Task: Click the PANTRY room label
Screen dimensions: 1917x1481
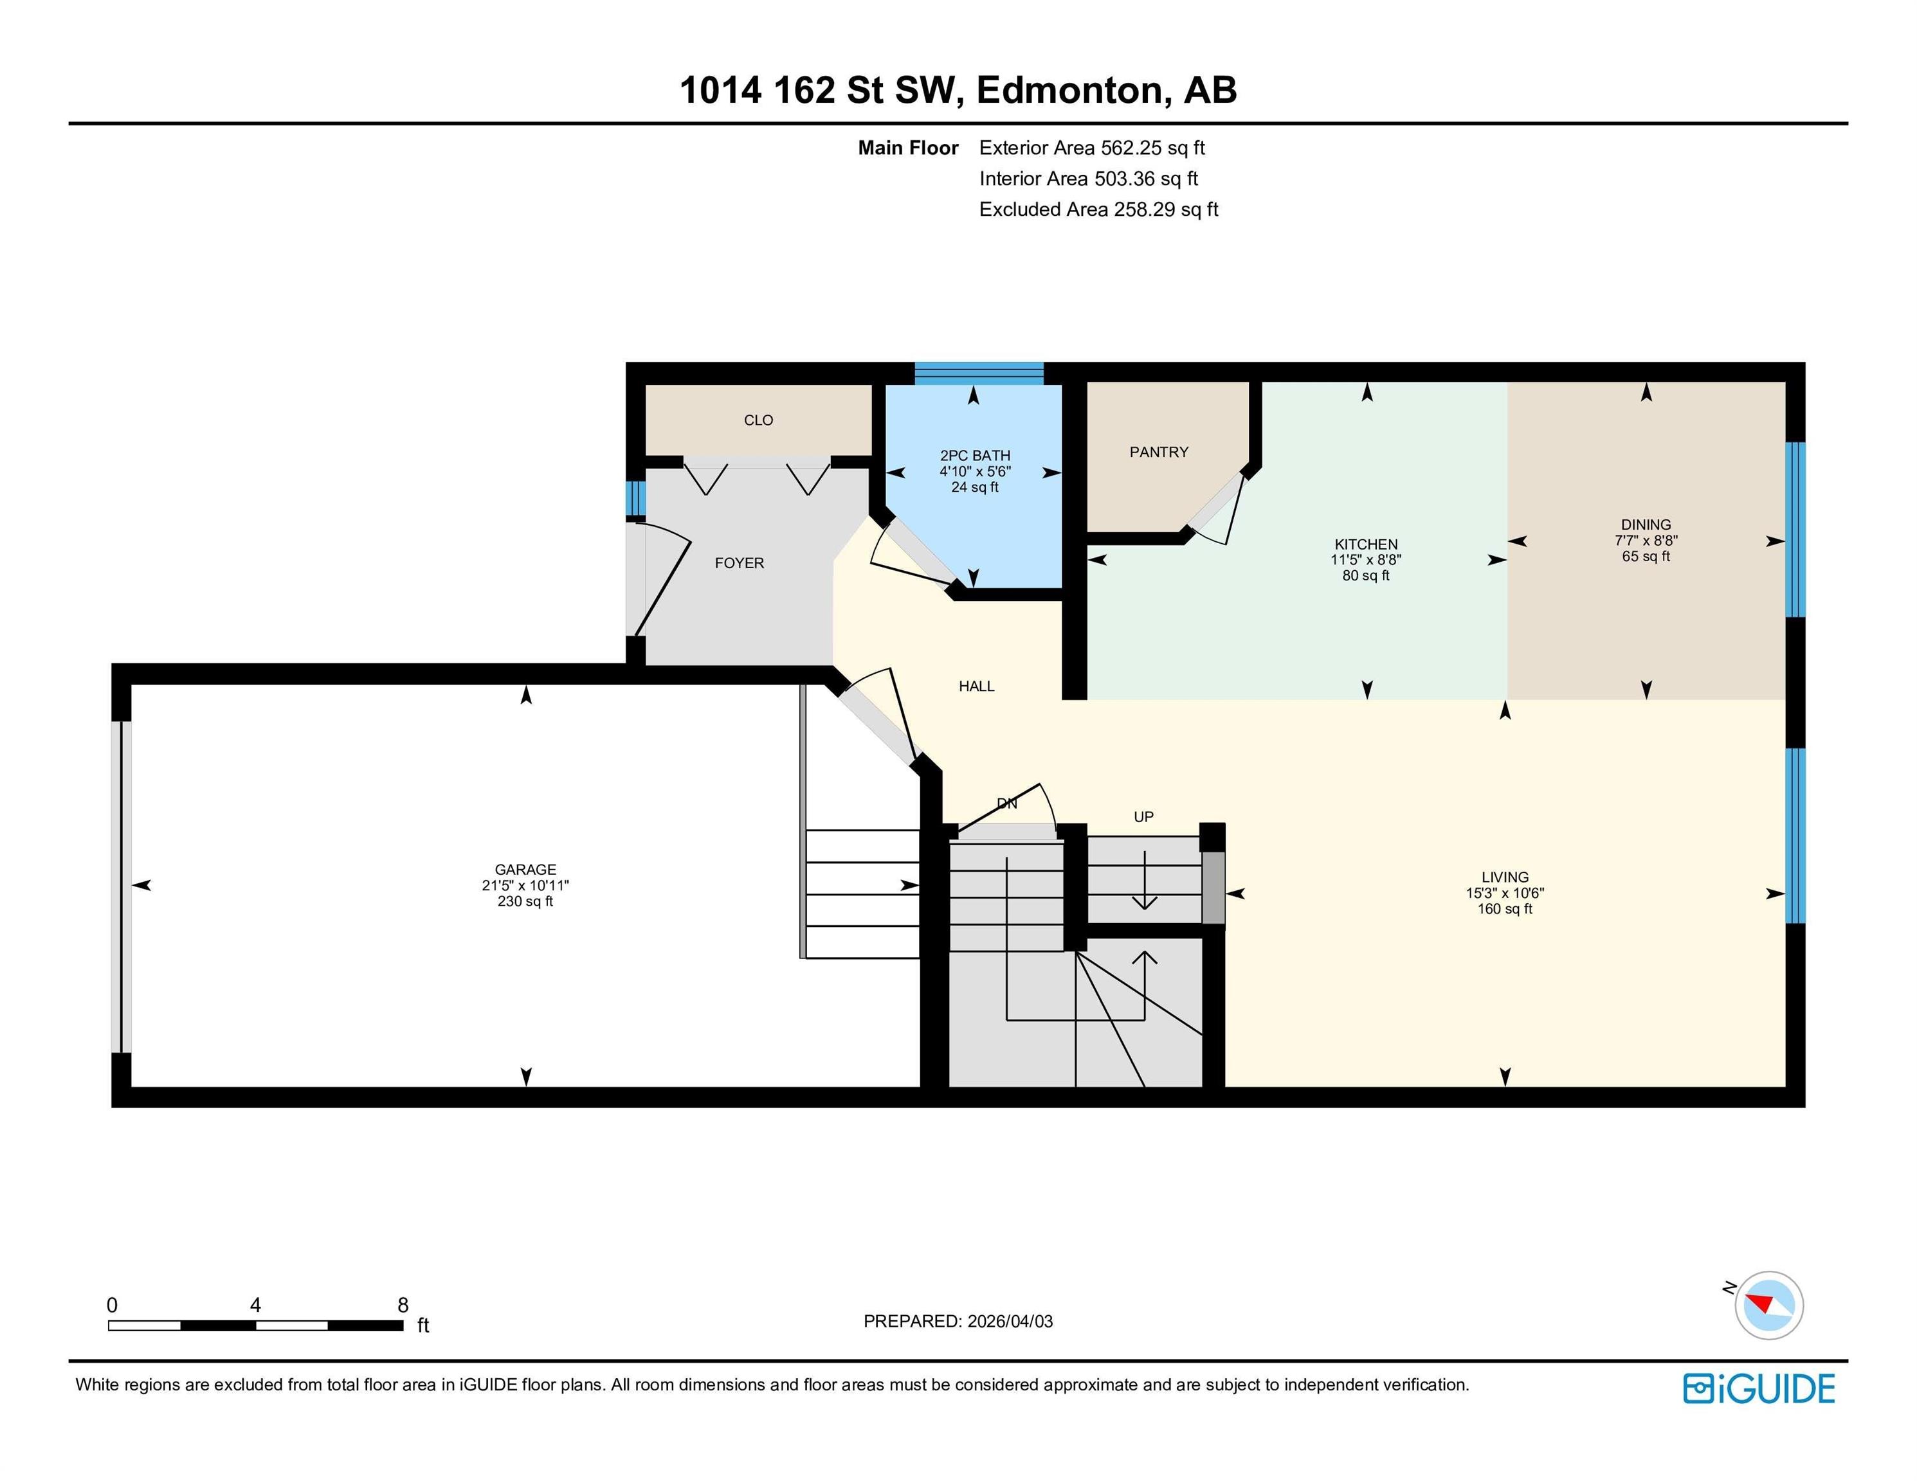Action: pos(1159,452)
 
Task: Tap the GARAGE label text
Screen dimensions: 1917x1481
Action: pos(525,870)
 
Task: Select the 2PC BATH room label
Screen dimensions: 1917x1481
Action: pos(974,455)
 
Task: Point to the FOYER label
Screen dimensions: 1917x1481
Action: pos(739,563)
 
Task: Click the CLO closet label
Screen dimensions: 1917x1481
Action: pos(758,420)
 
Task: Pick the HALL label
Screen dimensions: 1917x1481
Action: pos(976,686)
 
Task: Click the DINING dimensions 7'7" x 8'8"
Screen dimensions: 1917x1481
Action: pos(1646,541)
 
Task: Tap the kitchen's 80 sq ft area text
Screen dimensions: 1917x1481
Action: pos(1366,575)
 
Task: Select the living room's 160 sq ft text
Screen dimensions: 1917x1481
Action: pos(1504,909)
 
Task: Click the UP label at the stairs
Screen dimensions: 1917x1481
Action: pos(1143,817)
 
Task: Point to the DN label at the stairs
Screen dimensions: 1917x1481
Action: pos(1007,803)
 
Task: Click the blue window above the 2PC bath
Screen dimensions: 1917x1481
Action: pos(979,373)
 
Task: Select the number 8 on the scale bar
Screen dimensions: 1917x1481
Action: pos(403,1305)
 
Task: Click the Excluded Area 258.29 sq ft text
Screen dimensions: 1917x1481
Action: pos(1099,210)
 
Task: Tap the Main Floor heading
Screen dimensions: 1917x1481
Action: pos(907,148)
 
